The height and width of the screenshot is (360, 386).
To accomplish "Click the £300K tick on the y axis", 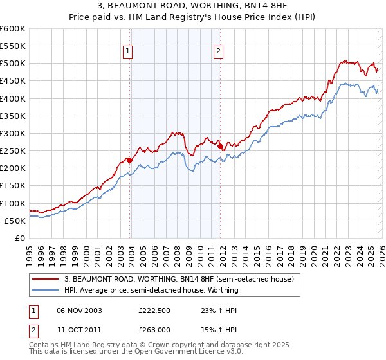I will coord(13,134).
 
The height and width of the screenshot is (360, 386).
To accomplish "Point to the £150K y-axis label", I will coord(13,186).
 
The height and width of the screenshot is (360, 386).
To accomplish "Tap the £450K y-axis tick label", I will coord(13,81).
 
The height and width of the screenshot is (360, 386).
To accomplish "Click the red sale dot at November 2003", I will coord(129,160).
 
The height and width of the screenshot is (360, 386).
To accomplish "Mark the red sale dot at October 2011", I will coord(219,147).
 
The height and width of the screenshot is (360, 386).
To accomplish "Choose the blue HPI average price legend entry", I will coord(151,290).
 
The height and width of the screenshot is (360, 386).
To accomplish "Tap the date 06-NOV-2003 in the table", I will coord(79,310).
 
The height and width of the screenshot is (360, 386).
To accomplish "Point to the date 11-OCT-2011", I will coord(79,330).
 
